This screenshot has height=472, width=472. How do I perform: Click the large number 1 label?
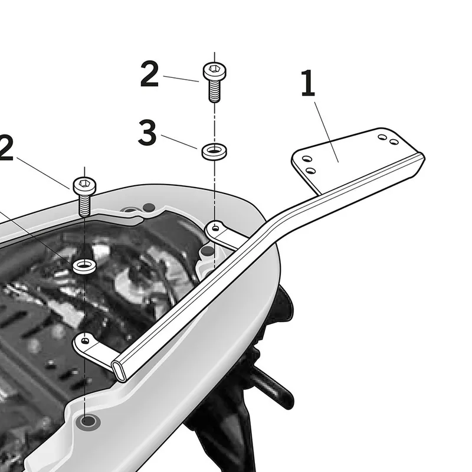(308, 83)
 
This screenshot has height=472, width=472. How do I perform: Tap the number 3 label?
(147, 132)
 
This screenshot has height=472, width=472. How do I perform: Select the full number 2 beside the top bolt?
(149, 74)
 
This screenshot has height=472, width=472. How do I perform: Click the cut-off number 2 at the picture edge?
(6, 147)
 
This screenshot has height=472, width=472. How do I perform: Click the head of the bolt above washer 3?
(214, 71)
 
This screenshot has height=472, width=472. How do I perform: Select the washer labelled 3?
(214, 152)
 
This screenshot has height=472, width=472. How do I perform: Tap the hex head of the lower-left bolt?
(84, 186)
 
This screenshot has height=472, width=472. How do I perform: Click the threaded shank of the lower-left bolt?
(84, 205)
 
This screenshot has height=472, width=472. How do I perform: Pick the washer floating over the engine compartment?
(84, 266)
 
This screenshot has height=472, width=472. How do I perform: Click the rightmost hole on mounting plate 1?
(394, 142)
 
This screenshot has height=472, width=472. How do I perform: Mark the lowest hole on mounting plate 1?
(311, 171)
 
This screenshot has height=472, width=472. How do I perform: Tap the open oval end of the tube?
(119, 372)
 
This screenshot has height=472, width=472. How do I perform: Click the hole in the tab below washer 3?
(215, 228)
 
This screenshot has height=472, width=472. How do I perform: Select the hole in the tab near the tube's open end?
(85, 341)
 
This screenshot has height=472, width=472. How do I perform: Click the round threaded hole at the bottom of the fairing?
(87, 421)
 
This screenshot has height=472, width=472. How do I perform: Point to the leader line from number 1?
(327, 132)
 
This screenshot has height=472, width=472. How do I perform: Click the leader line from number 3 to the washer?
(179, 142)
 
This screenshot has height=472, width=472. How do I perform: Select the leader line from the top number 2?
(181, 78)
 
